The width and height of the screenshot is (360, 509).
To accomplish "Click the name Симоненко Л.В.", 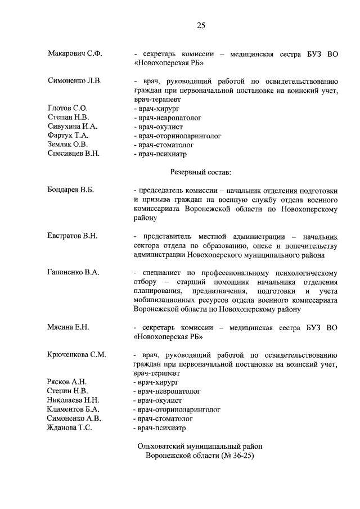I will (75, 81).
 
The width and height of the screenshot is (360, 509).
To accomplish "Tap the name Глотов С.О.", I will (67, 108).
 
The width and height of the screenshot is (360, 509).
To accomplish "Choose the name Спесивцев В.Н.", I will (73, 154).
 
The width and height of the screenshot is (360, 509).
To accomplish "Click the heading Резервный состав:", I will (200, 171).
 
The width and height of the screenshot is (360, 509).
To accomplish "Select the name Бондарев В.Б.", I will (71, 190).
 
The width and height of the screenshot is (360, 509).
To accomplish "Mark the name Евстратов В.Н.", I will (73, 236).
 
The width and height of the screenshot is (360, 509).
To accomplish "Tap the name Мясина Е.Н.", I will (69, 327).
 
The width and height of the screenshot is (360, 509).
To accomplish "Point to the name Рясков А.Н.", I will (66, 382).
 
